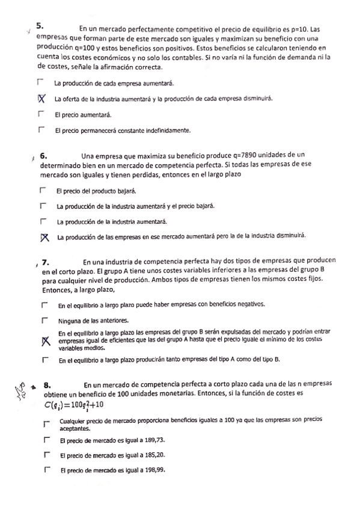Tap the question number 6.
[x=43, y=155]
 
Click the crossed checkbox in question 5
[x=41, y=99]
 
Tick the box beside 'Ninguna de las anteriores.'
[x=45, y=321]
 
